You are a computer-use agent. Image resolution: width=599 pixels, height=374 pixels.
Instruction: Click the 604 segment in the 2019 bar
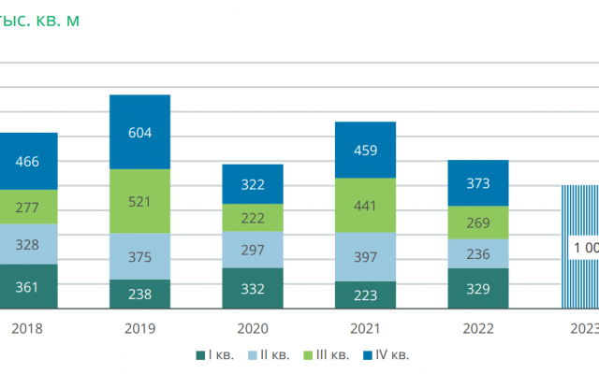click(139, 132)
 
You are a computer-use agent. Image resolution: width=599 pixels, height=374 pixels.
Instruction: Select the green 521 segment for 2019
click(139, 201)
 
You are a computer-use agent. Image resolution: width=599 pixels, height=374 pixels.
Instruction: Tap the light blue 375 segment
click(139, 255)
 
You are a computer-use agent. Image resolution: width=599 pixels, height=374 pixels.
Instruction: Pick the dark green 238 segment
click(139, 294)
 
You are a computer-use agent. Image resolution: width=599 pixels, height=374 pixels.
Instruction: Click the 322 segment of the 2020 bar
click(253, 184)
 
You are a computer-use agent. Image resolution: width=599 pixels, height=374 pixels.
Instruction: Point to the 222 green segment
click(253, 217)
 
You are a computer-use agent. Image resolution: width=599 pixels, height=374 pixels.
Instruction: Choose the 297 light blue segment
click(253, 249)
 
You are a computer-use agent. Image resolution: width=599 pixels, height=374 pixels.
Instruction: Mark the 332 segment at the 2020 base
click(253, 288)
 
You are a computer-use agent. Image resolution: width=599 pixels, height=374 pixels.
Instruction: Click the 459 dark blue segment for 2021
click(365, 150)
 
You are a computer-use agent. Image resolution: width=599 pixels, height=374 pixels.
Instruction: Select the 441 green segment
click(365, 205)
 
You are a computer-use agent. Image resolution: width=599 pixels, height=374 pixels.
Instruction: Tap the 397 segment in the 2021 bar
click(365, 256)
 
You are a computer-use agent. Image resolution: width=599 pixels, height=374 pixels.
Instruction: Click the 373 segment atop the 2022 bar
click(477, 183)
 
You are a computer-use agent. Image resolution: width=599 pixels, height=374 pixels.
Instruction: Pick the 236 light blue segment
click(477, 252)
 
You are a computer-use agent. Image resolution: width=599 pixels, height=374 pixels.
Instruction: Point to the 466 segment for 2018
click(28, 161)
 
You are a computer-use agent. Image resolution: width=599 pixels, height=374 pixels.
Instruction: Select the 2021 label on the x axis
click(365, 328)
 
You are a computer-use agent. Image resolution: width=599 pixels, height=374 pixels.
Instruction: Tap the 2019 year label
click(139, 328)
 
